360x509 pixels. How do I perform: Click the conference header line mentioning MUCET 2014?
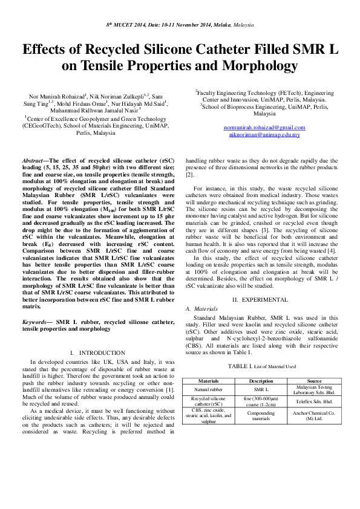click(180, 25)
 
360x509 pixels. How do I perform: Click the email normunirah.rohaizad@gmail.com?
click(264, 127)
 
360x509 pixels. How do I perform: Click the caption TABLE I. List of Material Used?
click(261, 366)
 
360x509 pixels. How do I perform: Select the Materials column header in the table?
click(208, 381)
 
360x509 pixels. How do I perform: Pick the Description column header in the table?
click(261, 381)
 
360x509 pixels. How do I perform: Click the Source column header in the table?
click(314, 381)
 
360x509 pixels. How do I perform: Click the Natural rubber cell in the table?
click(208, 390)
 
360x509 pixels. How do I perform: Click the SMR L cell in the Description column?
click(261, 390)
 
